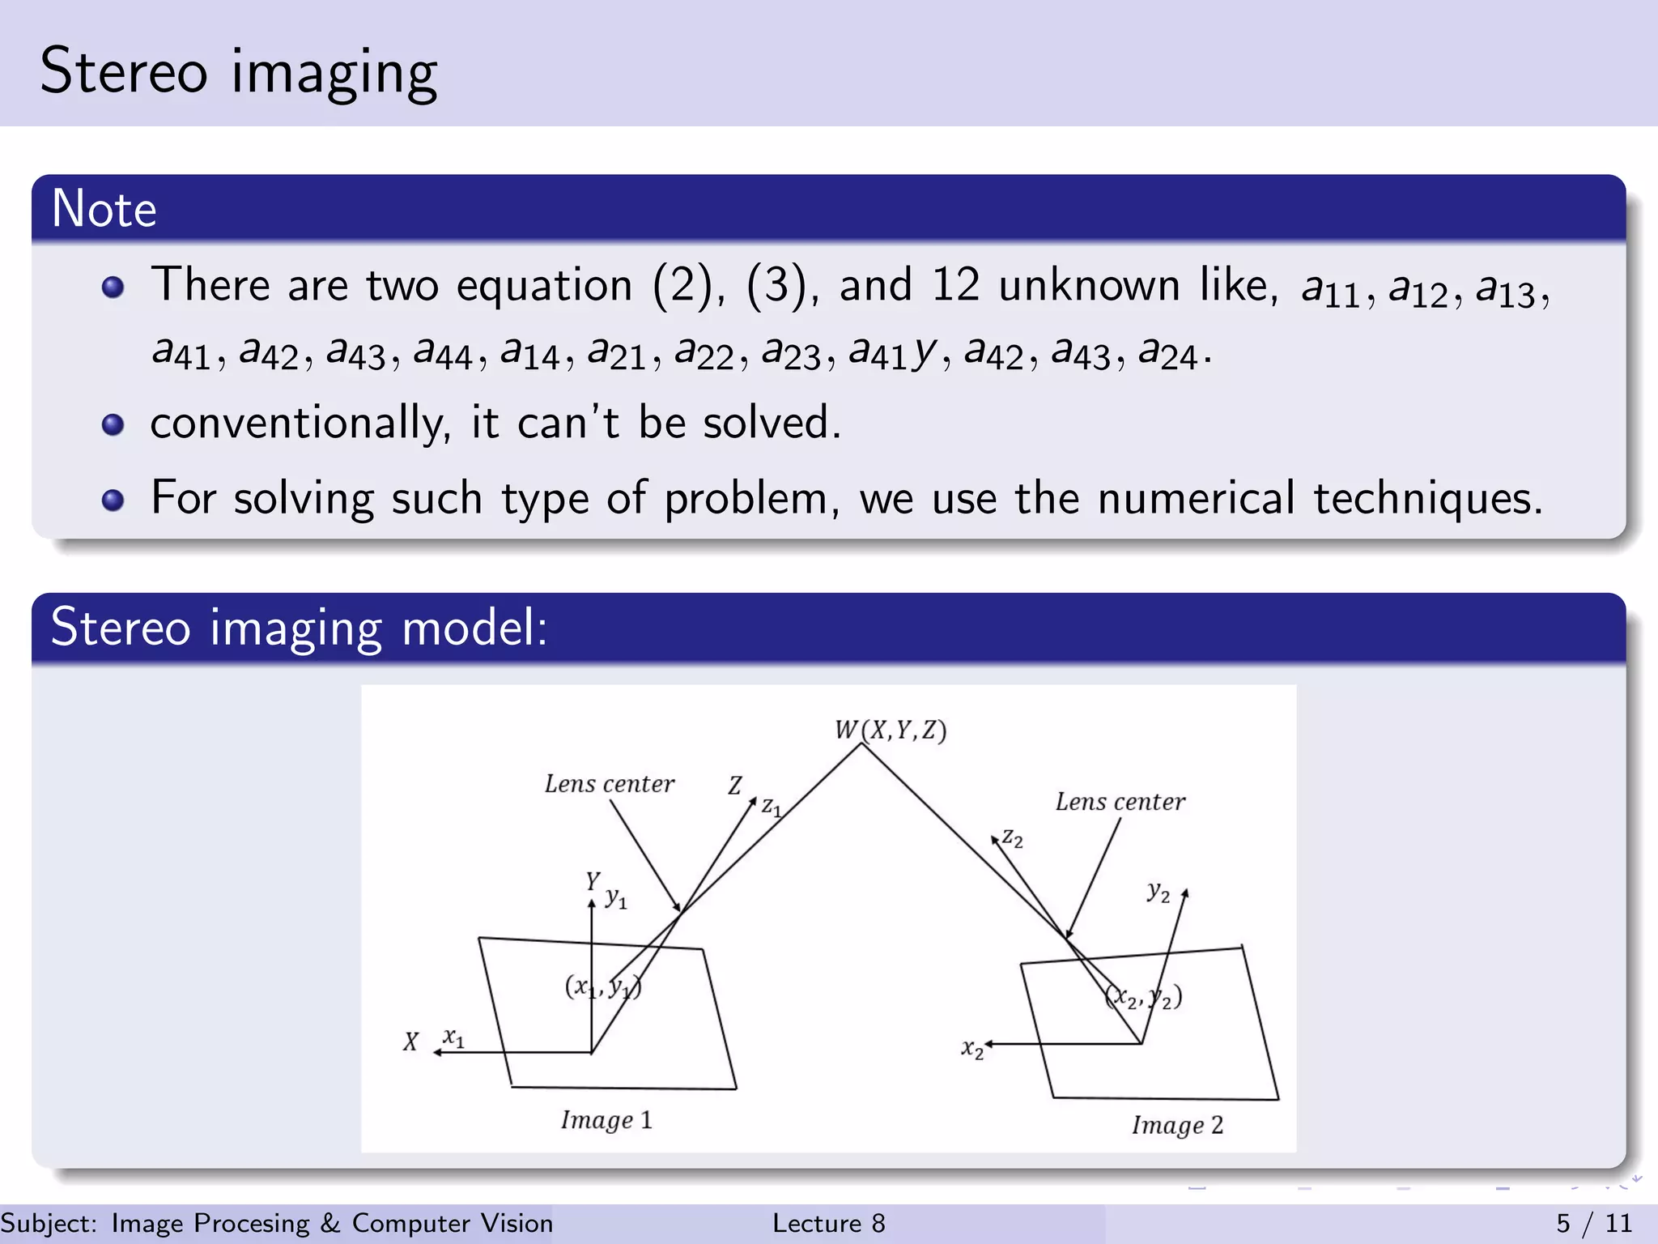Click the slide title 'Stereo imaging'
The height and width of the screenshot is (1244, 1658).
click(238, 71)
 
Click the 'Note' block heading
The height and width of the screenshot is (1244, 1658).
click(104, 209)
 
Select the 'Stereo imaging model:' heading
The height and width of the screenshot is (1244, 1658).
click(299, 628)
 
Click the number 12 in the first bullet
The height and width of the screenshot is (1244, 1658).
click(955, 285)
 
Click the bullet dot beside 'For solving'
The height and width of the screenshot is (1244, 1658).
click(113, 500)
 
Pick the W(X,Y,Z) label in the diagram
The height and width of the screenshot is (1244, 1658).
click(891, 730)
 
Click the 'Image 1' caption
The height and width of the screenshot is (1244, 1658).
click(606, 1120)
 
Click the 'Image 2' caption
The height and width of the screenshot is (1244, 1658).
click(1177, 1125)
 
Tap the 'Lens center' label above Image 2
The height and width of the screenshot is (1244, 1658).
click(1120, 802)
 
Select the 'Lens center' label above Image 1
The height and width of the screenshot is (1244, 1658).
click(609, 784)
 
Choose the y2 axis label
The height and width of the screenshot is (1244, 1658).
click(1158, 893)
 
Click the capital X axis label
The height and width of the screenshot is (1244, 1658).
click(411, 1042)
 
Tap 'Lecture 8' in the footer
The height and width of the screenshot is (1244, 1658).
click(828, 1223)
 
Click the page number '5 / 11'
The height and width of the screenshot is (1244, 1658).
click(1594, 1223)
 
